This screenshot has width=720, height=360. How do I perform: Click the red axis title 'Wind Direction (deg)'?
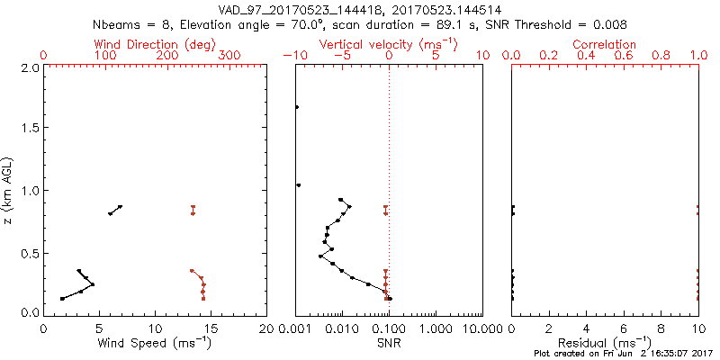click(x=156, y=44)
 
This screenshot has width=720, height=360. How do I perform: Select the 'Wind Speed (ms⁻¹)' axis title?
click(x=156, y=343)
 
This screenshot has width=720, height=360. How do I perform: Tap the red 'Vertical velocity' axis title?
click(x=388, y=44)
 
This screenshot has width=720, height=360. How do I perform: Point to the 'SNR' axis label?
click(x=388, y=343)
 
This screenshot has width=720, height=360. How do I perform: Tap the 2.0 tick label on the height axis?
click(x=29, y=67)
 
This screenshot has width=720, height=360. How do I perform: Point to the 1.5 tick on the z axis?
click(x=29, y=129)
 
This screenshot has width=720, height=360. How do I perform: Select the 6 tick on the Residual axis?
click(x=624, y=328)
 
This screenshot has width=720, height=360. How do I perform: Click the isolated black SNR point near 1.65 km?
click(x=297, y=107)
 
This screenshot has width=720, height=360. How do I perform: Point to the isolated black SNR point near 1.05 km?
click(x=299, y=184)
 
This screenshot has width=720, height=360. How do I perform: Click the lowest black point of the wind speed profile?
click(x=62, y=298)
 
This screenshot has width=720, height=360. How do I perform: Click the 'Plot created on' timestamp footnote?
click(x=622, y=354)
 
